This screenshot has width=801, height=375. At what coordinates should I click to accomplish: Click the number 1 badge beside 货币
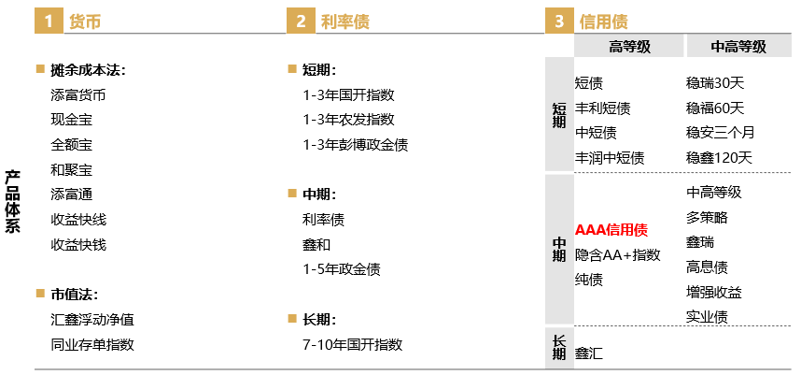(49, 21)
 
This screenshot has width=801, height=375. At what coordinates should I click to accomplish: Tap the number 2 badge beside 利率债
(301, 21)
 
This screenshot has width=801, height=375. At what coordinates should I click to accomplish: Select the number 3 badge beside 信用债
(559, 21)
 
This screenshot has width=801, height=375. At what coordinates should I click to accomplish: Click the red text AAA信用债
(611, 229)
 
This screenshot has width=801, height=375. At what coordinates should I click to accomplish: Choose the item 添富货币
(78, 94)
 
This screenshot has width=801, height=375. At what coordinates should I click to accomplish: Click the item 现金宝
(72, 120)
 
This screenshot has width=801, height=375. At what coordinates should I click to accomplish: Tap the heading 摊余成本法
(88, 69)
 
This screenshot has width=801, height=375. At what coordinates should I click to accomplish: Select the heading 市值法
(74, 294)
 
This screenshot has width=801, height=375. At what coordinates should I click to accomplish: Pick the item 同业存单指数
(92, 344)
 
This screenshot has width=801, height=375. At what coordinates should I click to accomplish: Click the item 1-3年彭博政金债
(355, 145)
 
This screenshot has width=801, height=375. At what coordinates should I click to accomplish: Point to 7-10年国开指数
(352, 344)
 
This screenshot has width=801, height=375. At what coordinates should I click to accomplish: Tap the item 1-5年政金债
(341, 269)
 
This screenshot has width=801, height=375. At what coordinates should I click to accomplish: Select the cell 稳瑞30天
(715, 82)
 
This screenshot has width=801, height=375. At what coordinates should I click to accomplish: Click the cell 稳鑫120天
(719, 158)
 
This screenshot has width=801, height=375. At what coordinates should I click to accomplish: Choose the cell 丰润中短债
(610, 158)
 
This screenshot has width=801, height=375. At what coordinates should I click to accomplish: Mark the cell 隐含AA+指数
(617, 254)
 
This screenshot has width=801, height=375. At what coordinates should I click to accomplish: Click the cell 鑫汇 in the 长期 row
(589, 354)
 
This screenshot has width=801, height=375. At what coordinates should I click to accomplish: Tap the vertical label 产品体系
(12, 200)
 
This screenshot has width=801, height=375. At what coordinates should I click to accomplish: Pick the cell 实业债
(707, 317)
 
